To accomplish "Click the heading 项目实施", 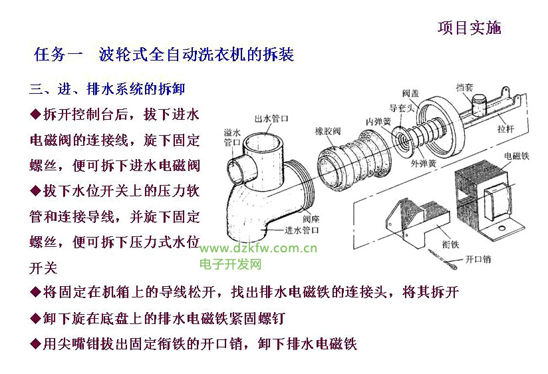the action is tap(470, 28).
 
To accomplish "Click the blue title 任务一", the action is tap(59, 55).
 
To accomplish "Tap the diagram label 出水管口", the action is tap(271, 118).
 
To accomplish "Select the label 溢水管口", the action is tap(232, 137).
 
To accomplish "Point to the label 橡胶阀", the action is tap(327, 131).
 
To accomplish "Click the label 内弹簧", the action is tap(378, 121).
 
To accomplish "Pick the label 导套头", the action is tap(402, 108).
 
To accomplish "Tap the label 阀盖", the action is tap(410, 93).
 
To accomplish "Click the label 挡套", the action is tap(464, 87).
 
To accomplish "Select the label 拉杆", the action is tap(505, 129).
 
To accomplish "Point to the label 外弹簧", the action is tap(423, 164).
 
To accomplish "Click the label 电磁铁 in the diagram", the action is tap(517, 156).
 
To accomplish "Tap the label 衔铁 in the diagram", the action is tap(450, 244).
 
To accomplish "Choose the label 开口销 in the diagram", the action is tap(478, 260).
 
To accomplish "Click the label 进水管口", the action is tap(302, 230).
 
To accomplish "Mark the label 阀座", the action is tap(311, 219).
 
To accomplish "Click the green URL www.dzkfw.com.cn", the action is tap(258, 248).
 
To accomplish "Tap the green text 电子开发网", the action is tap(231, 264).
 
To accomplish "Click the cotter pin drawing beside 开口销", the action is tap(442, 260).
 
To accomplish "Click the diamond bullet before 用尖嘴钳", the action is tap(35, 344).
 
